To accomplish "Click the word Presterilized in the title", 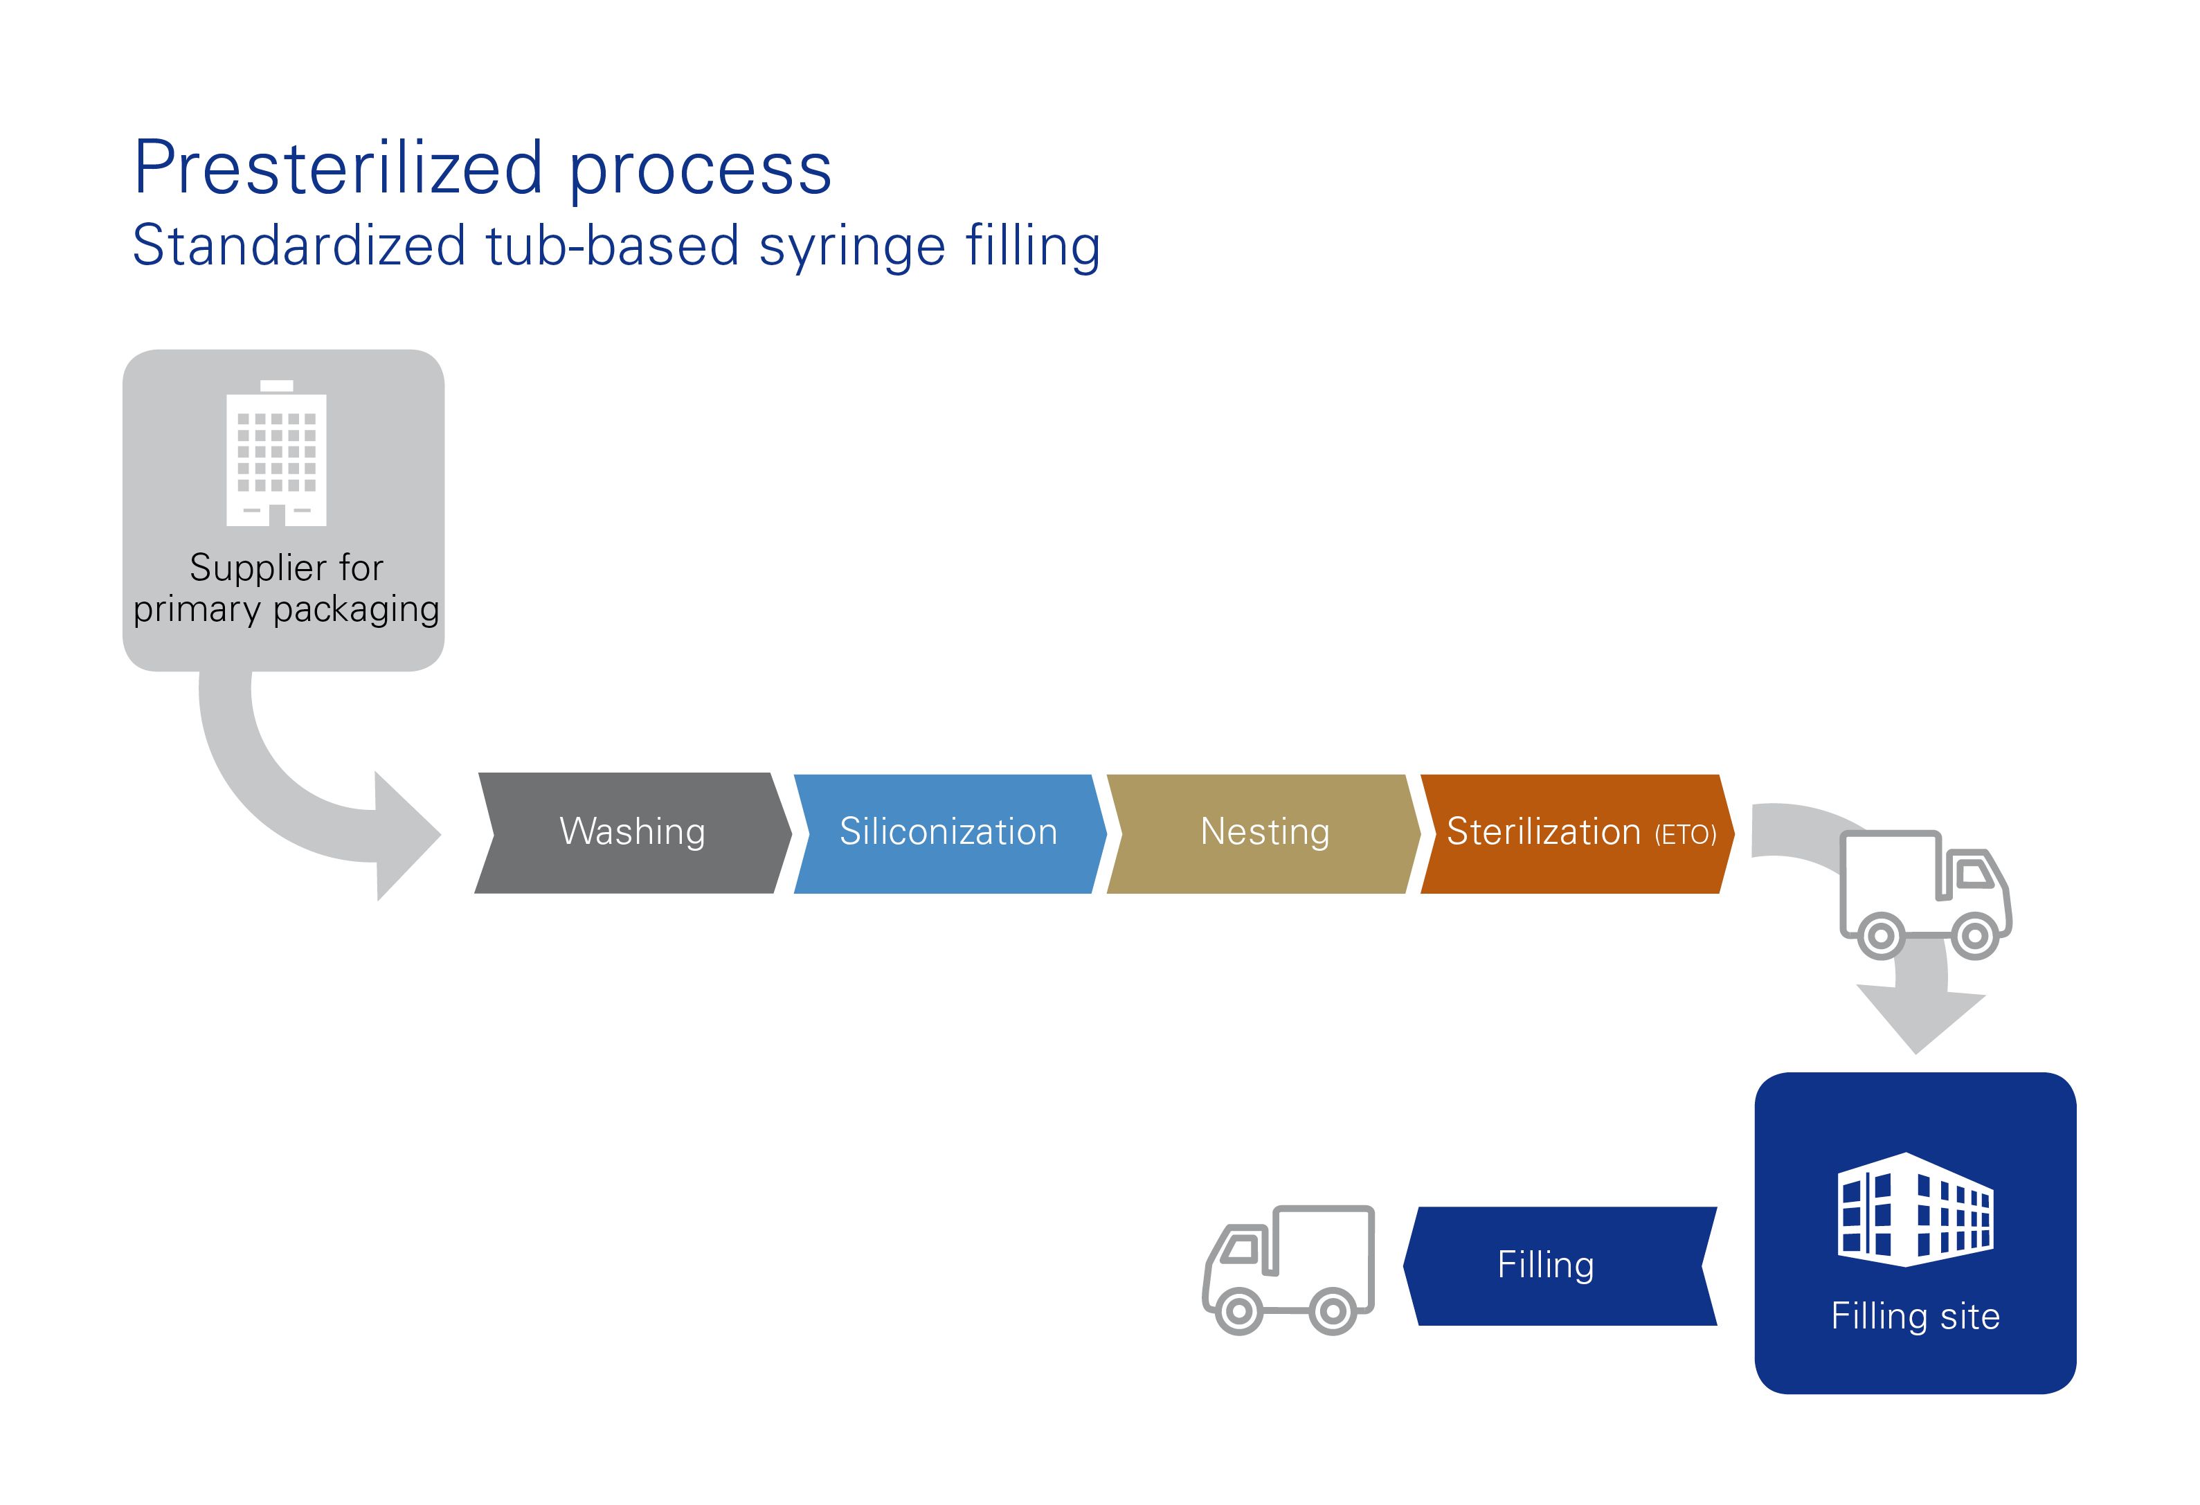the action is pos(338,168).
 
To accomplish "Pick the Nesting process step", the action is pos(1264,833).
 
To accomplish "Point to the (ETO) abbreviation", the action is pos(1685,835).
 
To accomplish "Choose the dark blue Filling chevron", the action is pos(1560,1265).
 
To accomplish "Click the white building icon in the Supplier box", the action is pos(276,453).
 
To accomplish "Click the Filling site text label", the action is pos(1915,1316).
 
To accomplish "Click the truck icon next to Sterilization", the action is pos(1925,894).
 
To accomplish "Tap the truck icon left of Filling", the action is pos(1288,1270).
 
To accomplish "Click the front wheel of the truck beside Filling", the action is pos(1238,1311).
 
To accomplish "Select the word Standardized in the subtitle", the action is pos(299,245).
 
